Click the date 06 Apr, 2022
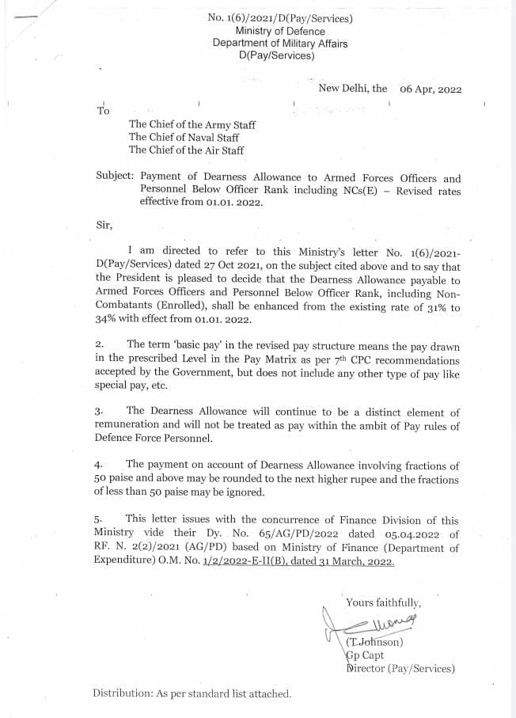click(431, 89)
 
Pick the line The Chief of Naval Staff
click(184, 137)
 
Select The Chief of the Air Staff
click(186, 150)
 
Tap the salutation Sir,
click(104, 224)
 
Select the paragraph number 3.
click(99, 412)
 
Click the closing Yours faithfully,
click(384, 602)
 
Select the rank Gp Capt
click(365, 655)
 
